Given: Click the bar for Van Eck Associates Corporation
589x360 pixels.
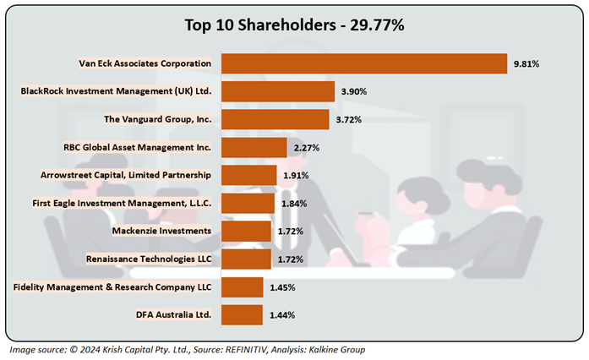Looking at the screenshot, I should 363,63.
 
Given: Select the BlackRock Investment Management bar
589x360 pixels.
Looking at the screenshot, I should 278,91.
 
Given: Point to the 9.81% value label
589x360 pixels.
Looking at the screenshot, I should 527,63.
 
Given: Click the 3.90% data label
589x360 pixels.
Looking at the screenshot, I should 354,91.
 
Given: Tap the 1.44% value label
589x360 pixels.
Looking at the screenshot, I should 282,315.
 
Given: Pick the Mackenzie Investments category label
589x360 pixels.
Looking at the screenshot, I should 161,231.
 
